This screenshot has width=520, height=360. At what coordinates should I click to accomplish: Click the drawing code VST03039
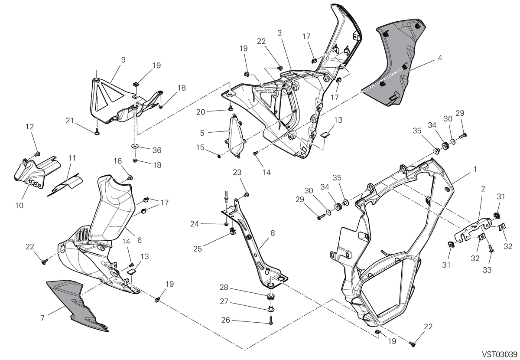tap(500, 354)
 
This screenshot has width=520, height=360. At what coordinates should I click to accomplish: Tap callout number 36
tap(157, 151)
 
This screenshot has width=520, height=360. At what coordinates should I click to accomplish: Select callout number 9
tap(123, 60)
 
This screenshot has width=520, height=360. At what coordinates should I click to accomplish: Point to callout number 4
tap(440, 58)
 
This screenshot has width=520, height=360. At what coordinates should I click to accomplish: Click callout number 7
tap(42, 318)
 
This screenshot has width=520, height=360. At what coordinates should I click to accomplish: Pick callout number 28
tap(224, 288)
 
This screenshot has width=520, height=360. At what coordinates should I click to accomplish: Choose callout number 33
tap(487, 270)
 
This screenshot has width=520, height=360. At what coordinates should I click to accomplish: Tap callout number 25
tap(198, 249)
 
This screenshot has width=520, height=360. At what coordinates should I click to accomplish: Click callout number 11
tap(72, 158)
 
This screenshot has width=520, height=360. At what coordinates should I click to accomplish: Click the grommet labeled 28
tap(270, 297)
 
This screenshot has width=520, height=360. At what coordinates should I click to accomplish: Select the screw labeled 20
tap(231, 108)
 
